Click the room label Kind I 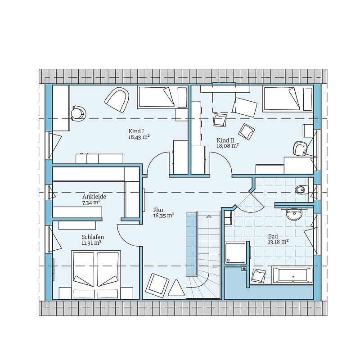(x=136, y=131)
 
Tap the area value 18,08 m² (x=228, y=145)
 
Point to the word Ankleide (x=94, y=197)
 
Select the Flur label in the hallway (x=158, y=210)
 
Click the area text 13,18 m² (x=278, y=242)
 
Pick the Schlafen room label (x=93, y=237)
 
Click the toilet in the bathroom (x=301, y=189)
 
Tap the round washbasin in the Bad (x=294, y=214)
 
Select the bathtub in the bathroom (x=292, y=275)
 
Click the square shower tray (x=235, y=253)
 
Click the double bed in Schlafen (x=96, y=274)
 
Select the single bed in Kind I (x=162, y=97)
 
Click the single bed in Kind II (x=288, y=99)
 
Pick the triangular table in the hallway (x=176, y=288)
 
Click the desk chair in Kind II (x=301, y=148)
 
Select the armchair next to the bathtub (x=259, y=275)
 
